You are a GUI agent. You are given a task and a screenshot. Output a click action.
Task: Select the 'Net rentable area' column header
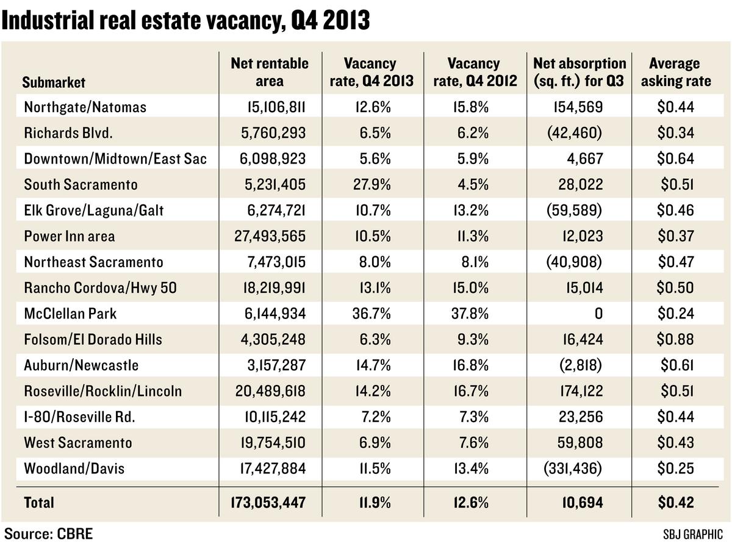[270, 72]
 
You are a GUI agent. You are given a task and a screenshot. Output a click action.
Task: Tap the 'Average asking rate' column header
[674, 72]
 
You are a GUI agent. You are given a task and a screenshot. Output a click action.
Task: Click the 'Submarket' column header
[54, 82]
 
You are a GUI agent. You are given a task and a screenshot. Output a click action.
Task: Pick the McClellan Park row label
[71, 314]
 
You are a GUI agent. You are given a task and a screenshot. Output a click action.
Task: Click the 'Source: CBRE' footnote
[48, 533]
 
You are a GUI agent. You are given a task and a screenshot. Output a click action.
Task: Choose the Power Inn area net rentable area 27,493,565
[270, 236]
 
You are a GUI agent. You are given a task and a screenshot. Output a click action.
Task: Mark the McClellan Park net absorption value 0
[598, 314]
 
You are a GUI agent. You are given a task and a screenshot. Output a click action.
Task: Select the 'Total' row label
[39, 503]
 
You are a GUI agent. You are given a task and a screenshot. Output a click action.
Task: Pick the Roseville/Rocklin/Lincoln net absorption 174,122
[578, 391]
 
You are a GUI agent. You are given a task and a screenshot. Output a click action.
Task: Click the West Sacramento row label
[77, 442]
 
